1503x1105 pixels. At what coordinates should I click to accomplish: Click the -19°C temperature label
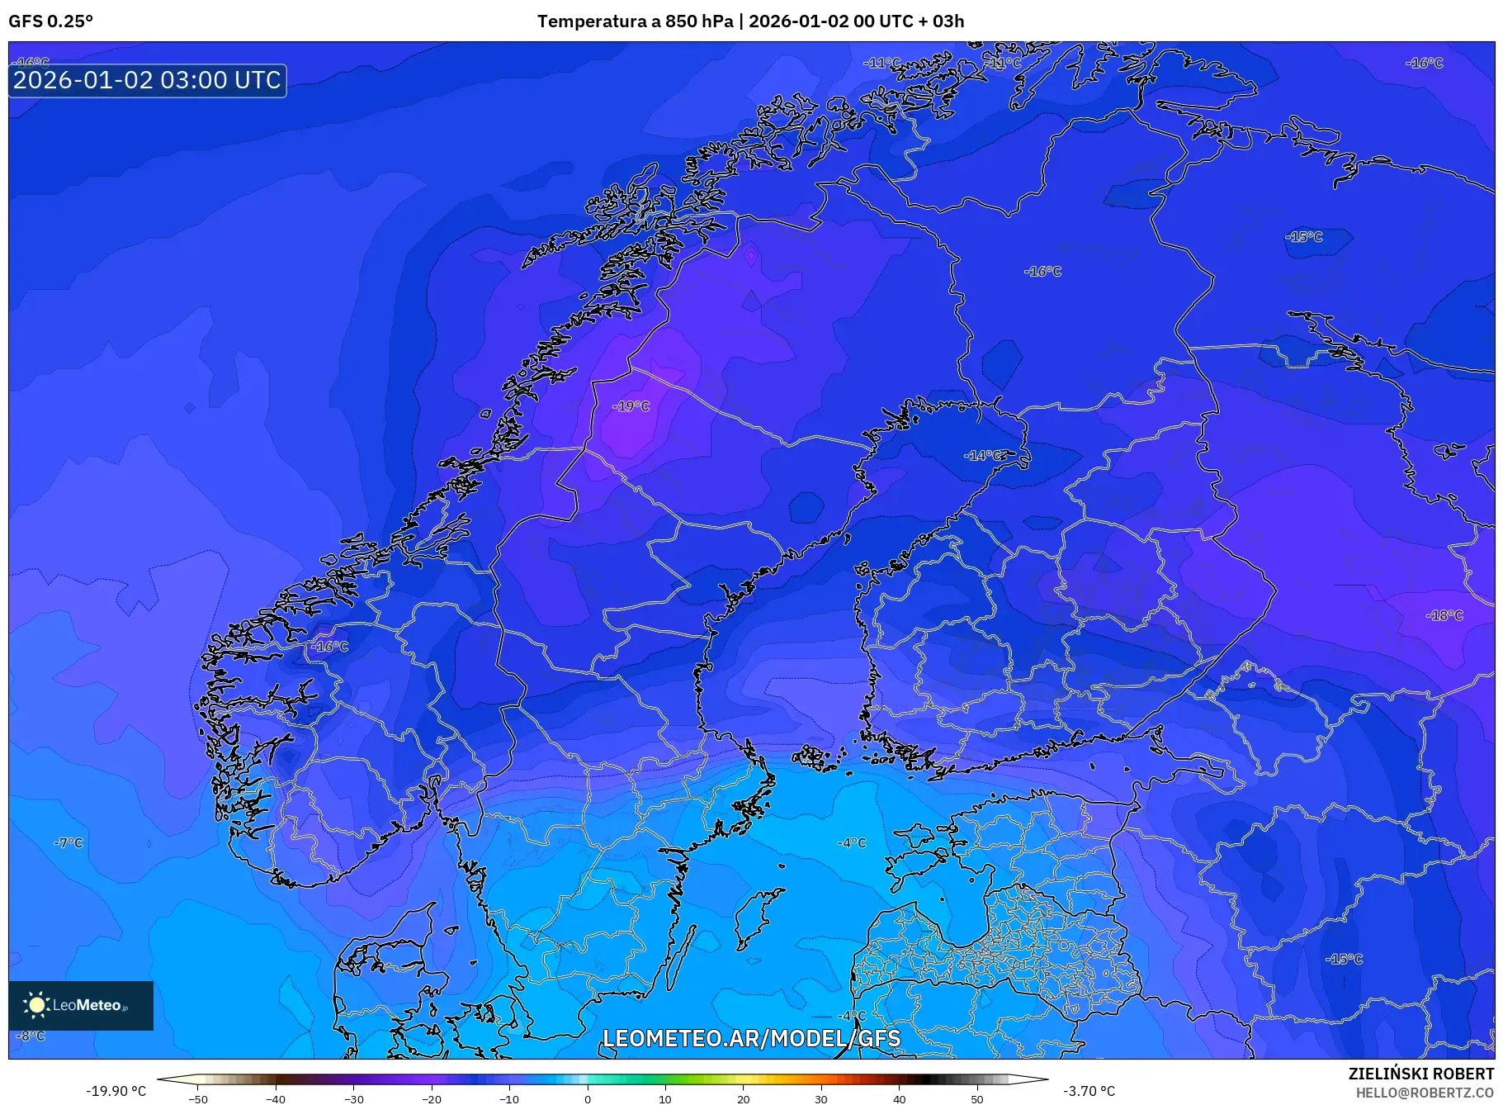click(x=631, y=406)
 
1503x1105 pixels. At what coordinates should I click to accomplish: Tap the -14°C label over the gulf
click(x=985, y=456)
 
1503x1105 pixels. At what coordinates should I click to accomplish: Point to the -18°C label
click(x=1444, y=615)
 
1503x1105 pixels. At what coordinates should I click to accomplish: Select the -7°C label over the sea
click(x=69, y=843)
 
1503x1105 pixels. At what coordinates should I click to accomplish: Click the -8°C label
click(x=31, y=1036)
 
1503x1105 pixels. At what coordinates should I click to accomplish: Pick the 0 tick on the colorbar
click(x=588, y=1098)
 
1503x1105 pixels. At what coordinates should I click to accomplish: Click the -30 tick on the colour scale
click(x=353, y=1098)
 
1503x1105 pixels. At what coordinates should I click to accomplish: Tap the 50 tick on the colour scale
click(x=977, y=1098)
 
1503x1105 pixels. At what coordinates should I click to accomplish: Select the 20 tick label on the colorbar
click(x=743, y=1098)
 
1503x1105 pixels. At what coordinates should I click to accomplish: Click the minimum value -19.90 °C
click(x=116, y=1091)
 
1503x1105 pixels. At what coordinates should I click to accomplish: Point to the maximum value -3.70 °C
click(x=1089, y=1091)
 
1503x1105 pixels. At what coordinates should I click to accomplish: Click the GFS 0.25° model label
click(x=51, y=21)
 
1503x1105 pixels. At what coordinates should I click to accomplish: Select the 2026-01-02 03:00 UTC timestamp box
click(x=148, y=80)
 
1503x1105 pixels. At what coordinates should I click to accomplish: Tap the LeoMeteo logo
click(x=81, y=1005)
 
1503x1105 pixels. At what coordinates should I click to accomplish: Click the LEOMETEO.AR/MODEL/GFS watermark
click(x=751, y=1038)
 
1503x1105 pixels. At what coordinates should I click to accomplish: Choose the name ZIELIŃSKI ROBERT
click(x=1420, y=1074)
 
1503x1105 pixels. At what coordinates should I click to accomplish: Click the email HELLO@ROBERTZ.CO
click(x=1425, y=1093)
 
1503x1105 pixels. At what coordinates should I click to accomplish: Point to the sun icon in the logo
click(x=37, y=1004)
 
